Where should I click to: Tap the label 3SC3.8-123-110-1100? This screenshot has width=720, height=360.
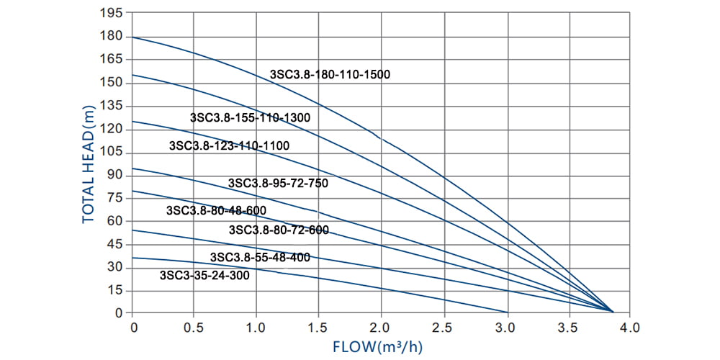[x=229, y=145]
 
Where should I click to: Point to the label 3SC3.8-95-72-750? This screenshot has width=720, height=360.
[x=278, y=183]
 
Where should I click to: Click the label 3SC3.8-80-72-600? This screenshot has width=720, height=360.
[x=279, y=230]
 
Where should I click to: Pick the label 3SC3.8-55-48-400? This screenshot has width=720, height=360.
[x=260, y=257]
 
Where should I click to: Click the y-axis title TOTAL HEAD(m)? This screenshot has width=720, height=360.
[x=88, y=163]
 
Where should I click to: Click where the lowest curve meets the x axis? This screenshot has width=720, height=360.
[x=508, y=312]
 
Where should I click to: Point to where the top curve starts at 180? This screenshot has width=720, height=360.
[x=133, y=37]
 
